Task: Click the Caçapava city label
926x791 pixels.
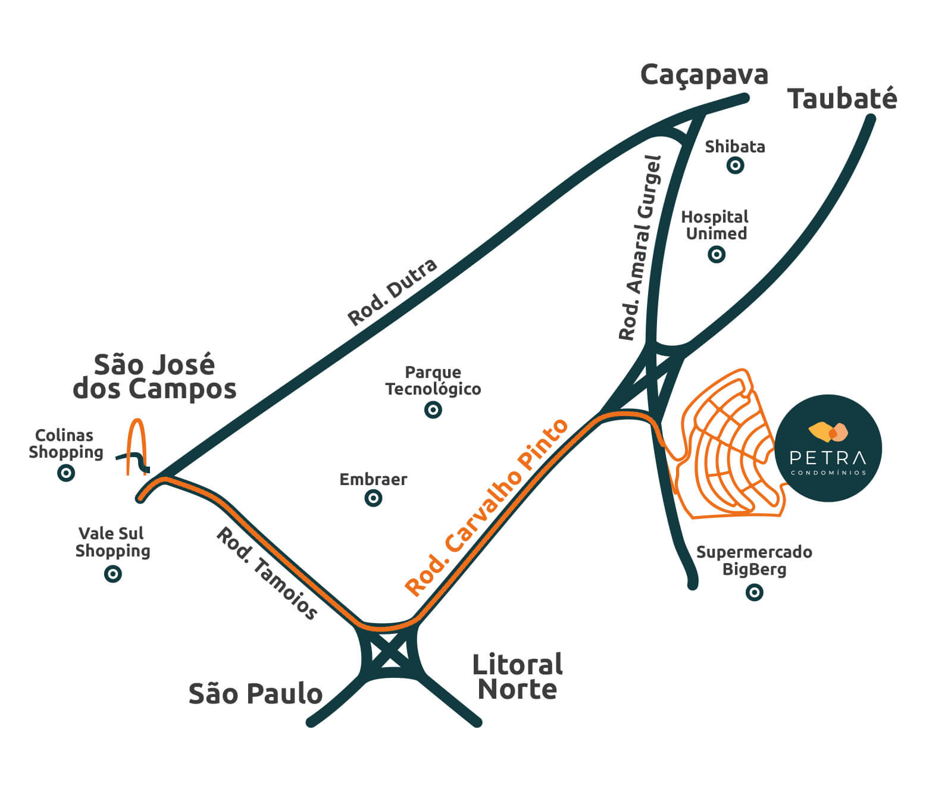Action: click(704, 76)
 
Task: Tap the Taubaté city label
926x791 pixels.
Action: click(841, 99)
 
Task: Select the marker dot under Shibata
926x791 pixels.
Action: click(735, 165)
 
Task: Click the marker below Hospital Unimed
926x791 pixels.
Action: click(717, 255)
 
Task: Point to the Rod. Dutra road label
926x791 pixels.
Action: click(392, 292)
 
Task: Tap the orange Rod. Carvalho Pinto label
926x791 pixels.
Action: click(486, 507)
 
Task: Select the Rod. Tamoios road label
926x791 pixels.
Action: click(267, 573)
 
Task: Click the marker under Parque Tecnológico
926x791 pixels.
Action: click(433, 409)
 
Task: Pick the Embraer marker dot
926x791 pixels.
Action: click(373, 498)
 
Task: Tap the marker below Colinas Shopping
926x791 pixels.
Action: click(65, 473)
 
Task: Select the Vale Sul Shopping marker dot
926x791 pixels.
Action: click(112, 574)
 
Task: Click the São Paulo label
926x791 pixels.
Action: click(255, 694)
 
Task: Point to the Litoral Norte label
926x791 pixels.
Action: click(517, 677)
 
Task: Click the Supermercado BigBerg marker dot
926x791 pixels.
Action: click(754, 592)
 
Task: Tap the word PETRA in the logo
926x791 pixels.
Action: click(827, 458)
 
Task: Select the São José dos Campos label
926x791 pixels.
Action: click(154, 377)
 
